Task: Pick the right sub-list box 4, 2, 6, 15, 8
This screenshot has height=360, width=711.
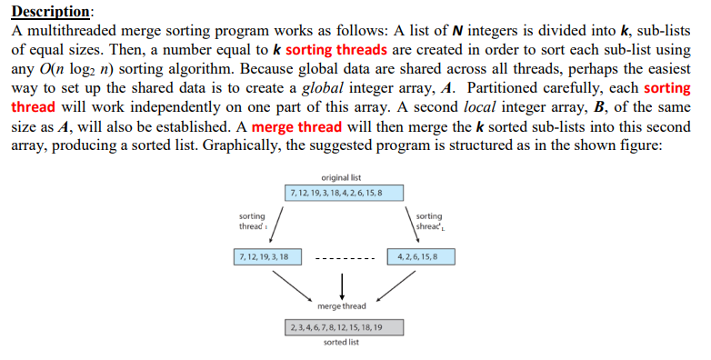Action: pos(420,257)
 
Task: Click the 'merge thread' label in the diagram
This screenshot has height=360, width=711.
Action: pos(342,305)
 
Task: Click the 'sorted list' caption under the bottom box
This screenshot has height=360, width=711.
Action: pos(342,342)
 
